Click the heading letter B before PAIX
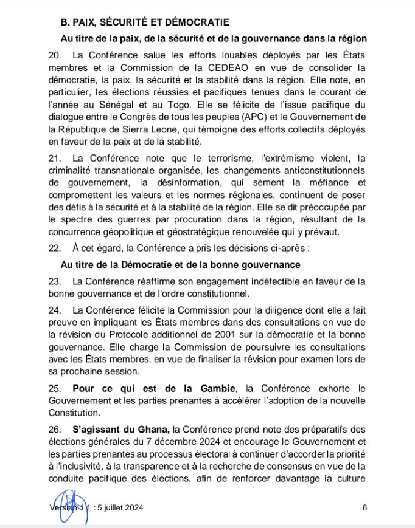pyautogui.click(x=63, y=22)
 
